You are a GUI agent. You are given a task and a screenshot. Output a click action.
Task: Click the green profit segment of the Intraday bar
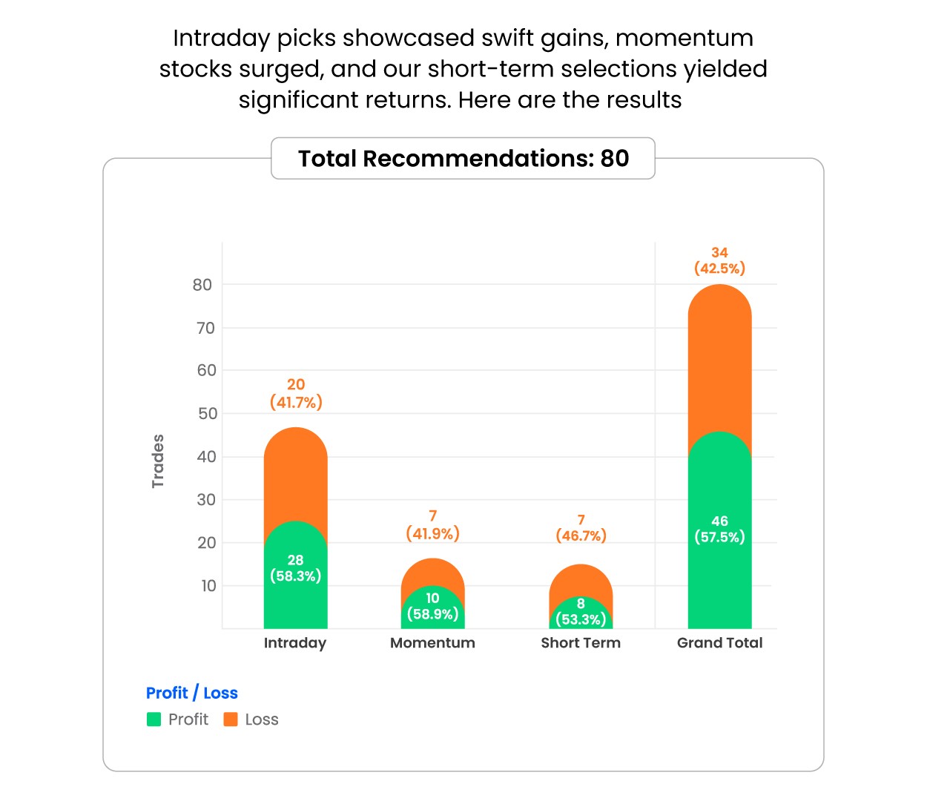coord(295,593)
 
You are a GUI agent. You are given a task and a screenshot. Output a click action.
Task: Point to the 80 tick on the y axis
coord(202,285)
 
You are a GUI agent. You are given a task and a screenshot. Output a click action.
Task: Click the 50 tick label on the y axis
coord(207,414)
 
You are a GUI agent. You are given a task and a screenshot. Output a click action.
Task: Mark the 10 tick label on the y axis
coord(208,586)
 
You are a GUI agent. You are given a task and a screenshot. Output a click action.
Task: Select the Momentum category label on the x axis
coord(432,643)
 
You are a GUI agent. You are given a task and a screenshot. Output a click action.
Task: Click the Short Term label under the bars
coord(581,643)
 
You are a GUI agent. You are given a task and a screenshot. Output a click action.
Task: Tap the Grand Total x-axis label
coord(719,643)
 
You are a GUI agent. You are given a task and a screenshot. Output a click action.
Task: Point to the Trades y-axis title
coord(157,461)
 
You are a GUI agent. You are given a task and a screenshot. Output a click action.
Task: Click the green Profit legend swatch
coord(154,720)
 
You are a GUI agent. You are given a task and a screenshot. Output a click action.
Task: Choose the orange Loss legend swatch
coord(231,720)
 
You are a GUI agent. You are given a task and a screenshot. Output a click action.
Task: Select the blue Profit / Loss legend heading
coord(191,693)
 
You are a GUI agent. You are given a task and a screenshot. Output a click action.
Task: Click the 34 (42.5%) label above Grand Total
coord(719,260)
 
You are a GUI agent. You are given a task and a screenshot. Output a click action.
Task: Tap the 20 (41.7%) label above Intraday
coord(295,393)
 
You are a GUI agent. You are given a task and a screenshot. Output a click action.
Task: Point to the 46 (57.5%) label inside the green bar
coord(719,529)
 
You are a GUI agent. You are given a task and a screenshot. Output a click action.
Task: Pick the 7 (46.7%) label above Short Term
coord(581,528)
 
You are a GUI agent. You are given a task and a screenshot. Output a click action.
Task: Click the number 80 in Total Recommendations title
coord(614,159)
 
